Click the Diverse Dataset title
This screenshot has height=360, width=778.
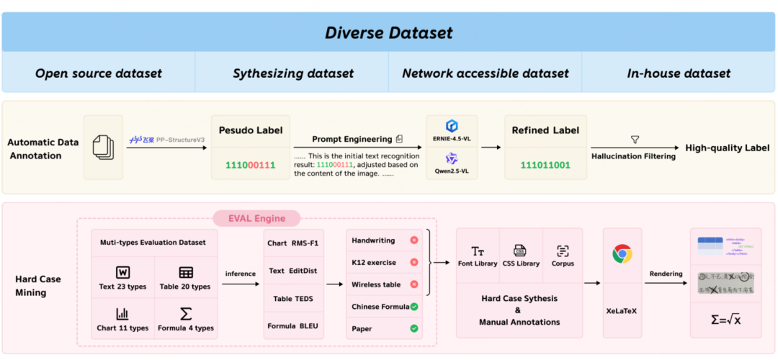point(388,32)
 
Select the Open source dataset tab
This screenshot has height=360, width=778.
point(99,73)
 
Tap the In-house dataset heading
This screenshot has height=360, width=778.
point(679,73)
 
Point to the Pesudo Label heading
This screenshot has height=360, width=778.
point(250,130)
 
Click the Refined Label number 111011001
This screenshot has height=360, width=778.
point(545,165)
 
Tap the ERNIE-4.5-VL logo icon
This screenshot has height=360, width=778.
point(452,127)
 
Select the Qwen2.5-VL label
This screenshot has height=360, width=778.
point(452,171)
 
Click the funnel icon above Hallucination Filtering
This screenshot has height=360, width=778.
point(635,140)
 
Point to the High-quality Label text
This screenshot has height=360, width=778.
point(728,148)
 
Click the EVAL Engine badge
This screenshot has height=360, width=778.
point(256,218)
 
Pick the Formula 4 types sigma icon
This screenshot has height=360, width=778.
point(186,314)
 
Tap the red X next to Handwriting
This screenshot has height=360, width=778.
point(413,240)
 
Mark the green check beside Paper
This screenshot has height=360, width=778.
point(413,328)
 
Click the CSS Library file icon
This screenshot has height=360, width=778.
point(519,251)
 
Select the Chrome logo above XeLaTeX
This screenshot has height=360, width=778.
point(622,253)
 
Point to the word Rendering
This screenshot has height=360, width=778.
point(666,273)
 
